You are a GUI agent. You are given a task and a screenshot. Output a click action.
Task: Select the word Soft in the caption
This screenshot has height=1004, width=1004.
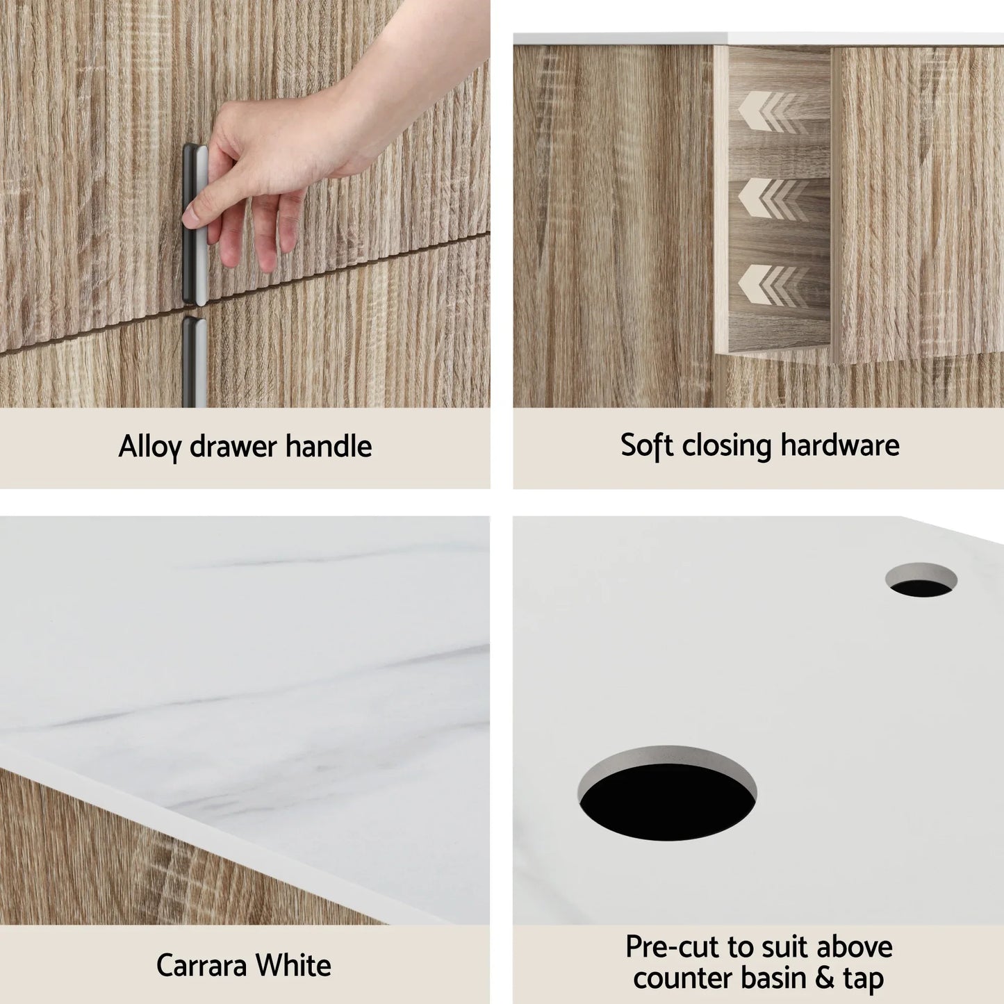(646, 445)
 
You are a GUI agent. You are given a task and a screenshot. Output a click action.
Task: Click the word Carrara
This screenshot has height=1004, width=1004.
(201, 965)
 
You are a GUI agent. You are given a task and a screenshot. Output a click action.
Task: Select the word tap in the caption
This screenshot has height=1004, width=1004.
(864, 978)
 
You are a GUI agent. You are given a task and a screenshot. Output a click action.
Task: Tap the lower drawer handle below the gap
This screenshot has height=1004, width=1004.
(194, 361)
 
